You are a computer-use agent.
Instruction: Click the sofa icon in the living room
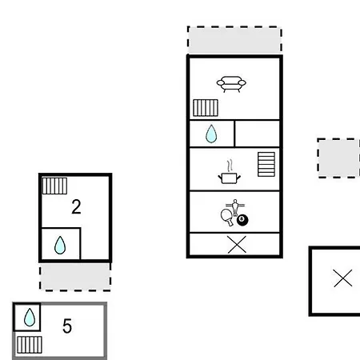(x=231, y=84)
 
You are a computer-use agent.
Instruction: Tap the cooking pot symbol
(x=230, y=173)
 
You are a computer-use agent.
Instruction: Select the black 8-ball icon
(x=242, y=220)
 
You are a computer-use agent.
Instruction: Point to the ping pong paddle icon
(x=226, y=217)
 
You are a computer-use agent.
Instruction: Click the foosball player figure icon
(x=235, y=207)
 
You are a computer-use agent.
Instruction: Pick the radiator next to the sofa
(x=206, y=108)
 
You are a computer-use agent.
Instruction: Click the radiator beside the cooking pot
(x=266, y=164)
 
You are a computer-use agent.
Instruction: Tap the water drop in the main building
(x=211, y=134)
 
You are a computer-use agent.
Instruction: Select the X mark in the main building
(x=237, y=244)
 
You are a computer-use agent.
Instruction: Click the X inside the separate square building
(x=342, y=278)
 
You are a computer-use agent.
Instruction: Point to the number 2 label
(x=76, y=206)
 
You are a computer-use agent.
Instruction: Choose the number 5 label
(x=67, y=326)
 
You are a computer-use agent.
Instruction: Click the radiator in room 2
(x=54, y=186)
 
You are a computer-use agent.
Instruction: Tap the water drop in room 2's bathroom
(x=60, y=245)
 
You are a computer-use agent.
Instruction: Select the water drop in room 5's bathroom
(x=30, y=318)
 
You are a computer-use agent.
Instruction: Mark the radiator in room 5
(x=30, y=345)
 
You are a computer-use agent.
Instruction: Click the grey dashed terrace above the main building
(x=234, y=40)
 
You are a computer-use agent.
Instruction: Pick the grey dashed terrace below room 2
(x=75, y=276)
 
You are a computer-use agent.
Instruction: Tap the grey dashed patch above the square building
(x=338, y=158)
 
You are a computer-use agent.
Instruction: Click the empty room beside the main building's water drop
(x=258, y=134)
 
